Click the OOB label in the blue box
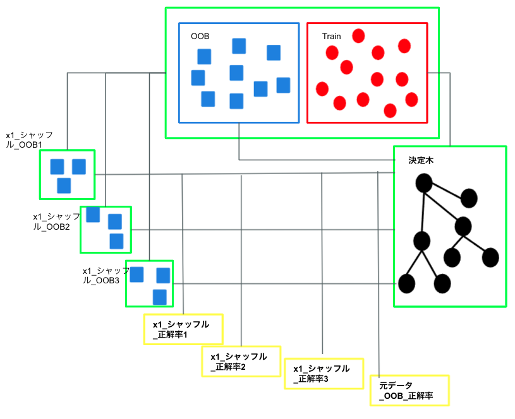(x=200, y=37)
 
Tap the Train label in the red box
(x=331, y=37)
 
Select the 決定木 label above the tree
(x=421, y=161)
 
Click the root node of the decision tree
(x=423, y=184)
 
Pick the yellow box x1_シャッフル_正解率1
(x=184, y=329)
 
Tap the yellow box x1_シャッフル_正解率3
(x=325, y=373)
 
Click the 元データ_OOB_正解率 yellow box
(x=409, y=391)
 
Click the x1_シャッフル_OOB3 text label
(x=105, y=275)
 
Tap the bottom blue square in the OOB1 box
(x=64, y=186)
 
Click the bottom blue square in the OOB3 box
(x=160, y=297)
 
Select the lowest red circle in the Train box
(x=390, y=111)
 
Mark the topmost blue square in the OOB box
(x=239, y=45)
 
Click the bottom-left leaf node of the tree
(x=406, y=283)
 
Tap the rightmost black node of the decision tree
(x=490, y=257)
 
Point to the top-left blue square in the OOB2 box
(x=93, y=215)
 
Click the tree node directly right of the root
(x=468, y=198)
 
